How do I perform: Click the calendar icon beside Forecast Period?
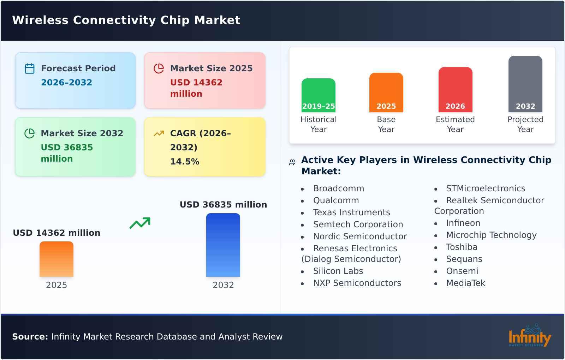30,68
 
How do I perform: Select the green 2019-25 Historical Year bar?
318,95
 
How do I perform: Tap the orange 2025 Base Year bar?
386,92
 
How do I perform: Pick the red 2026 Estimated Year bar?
455,90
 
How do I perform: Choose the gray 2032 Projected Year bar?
525,84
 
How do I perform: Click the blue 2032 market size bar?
223,245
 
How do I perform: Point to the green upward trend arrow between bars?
140,223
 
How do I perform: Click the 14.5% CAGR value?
185,162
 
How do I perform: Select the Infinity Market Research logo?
530,336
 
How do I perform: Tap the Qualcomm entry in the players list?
336,200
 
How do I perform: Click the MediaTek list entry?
465,283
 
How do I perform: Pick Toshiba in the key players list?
462,247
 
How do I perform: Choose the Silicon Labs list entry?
338,271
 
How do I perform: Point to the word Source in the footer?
30,337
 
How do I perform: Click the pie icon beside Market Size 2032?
30,133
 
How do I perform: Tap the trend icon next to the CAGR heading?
159,133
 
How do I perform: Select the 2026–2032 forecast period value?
66,83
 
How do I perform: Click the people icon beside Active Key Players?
292,162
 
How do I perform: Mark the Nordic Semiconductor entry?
360,236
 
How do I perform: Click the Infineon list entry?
463,223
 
